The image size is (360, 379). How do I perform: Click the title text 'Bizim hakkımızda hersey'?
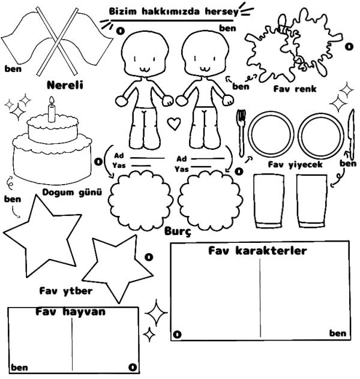click(173, 11)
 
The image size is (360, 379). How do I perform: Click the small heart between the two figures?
click(173, 124)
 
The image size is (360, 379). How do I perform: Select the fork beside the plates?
click(241, 133)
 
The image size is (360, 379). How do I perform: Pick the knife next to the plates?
click(351, 134)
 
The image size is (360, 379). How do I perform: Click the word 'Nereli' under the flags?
click(65, 85)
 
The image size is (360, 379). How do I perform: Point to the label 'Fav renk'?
click(295, 89)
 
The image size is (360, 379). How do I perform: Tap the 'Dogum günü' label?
click(72, 192)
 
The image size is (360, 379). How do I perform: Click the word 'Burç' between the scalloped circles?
click(178, 231)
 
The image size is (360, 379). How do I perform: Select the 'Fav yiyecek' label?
click(295, 164)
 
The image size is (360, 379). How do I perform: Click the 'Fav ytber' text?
click(66, 291)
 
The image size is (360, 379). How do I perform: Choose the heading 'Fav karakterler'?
click(257, 251)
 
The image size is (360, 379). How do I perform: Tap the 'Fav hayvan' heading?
click(70, 312)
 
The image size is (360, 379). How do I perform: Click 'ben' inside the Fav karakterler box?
click(338, 333)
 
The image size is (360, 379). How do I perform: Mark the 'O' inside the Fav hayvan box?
click(133, 368)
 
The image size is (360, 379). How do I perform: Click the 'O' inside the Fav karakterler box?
click(177, 335)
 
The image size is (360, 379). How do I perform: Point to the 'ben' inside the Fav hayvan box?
click(19, 368)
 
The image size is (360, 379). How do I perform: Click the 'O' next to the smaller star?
click(149, 257)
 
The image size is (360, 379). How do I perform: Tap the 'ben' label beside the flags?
click(13, 69)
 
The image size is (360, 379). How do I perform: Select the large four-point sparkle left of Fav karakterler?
click(156, 312)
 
